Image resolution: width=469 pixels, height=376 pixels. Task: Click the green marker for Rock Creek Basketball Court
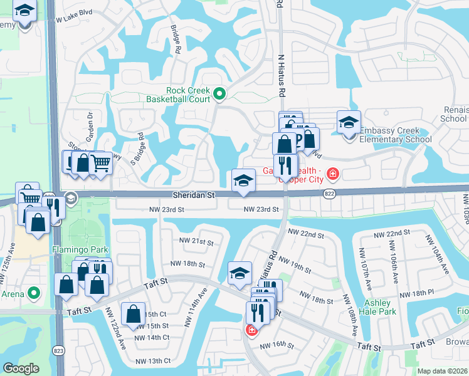(219, 95)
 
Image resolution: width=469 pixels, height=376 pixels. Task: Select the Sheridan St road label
(194, 196)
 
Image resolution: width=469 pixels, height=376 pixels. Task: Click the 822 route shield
(329, 195)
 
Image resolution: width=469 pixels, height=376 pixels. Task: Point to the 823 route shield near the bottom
(58, 350)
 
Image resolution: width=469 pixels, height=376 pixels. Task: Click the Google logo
(21, 368)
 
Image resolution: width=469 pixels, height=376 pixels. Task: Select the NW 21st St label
(194, 243)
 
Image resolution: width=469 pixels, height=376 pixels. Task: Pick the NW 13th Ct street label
(153, 360)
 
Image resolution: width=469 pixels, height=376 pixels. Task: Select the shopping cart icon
(100, 163)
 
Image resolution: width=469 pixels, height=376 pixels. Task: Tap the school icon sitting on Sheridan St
(243, 180)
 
